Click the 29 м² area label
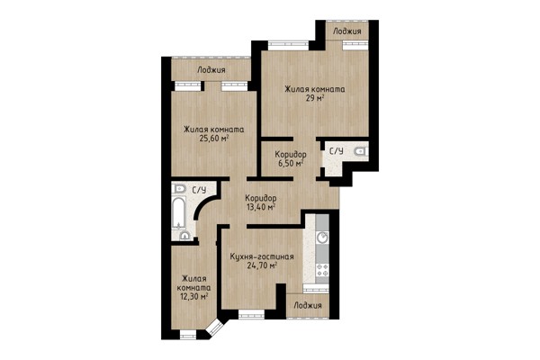point(315,98)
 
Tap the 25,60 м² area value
point(214,139)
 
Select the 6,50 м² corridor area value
point(291,163)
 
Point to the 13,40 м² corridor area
point(260,207)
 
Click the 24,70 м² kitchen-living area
point(263,265)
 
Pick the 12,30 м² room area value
point(193,296)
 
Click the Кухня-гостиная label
point(262,256)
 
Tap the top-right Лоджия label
point(347,31)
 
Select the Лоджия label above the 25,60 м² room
point(211,70)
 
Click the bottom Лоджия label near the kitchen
point(308,306)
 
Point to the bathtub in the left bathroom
point(179,212)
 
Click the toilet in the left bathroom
point(178,188)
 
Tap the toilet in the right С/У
point(362,151)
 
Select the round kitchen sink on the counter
point(323,237)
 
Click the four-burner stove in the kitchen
point(323,269)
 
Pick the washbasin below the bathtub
point(184,236)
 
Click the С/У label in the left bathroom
point(199,190)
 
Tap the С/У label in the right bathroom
point(336,151)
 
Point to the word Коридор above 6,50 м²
point(291,154)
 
